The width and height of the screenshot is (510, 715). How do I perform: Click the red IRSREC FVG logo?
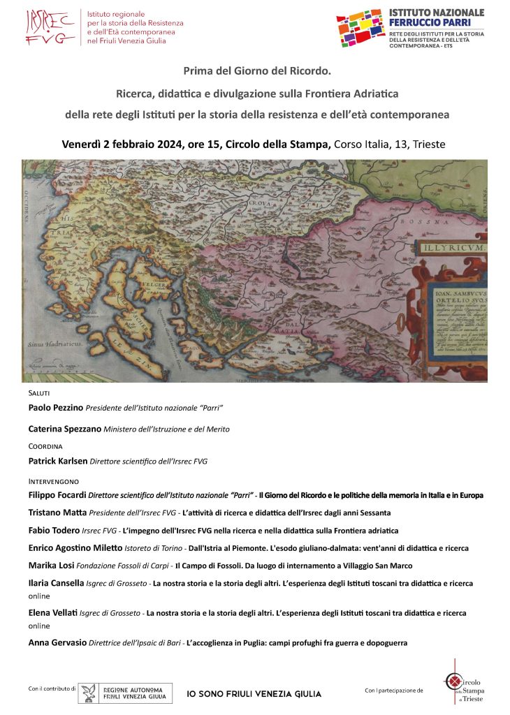50,27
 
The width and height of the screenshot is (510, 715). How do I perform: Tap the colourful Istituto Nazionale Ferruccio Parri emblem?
360,28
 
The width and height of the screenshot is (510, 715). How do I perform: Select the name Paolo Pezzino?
56,407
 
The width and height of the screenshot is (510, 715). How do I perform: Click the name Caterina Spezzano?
64,429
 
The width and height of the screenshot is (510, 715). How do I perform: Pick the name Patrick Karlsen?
58,461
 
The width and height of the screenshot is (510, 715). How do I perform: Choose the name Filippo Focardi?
57,495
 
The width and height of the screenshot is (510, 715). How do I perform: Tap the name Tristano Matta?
57,513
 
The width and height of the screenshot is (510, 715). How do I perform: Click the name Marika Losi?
52,565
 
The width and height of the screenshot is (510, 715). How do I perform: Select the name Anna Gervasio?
57,642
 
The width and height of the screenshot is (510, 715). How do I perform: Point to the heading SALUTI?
38,394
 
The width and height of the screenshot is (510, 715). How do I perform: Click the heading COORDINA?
45,446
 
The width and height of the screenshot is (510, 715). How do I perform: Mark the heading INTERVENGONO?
53,482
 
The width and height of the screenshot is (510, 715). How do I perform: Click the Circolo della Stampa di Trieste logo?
464,682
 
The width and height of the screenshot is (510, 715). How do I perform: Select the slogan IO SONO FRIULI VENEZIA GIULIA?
254,694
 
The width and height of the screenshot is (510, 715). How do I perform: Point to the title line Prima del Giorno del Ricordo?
256,71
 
